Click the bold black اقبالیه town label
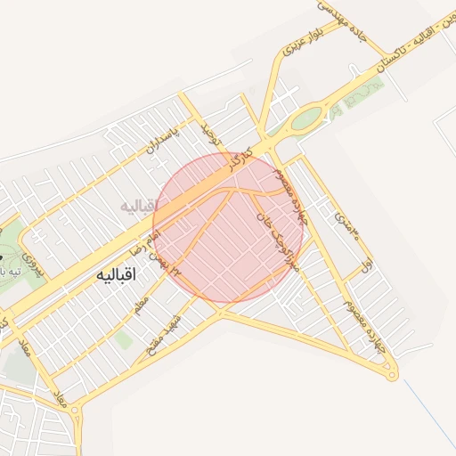(115, 275)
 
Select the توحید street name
(210, 135)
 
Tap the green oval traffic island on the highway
(307, 118)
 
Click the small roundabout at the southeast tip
(392, 376)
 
